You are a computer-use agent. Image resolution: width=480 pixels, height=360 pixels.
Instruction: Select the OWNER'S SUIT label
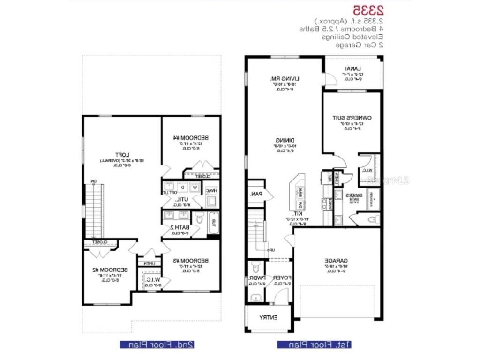coord(352,119)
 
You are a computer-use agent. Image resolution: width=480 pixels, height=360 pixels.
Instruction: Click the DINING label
coord(285,140)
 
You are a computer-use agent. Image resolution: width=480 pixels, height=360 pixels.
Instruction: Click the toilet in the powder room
coord(255,268)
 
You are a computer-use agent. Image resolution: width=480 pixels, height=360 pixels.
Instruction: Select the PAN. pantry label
coord(256,193)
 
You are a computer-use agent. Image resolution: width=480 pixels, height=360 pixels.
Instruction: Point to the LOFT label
coord(122,155)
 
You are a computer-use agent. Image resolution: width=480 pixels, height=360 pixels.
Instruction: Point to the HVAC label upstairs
coord(212,191)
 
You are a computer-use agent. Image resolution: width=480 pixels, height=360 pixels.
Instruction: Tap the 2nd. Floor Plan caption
coord(157,345)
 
